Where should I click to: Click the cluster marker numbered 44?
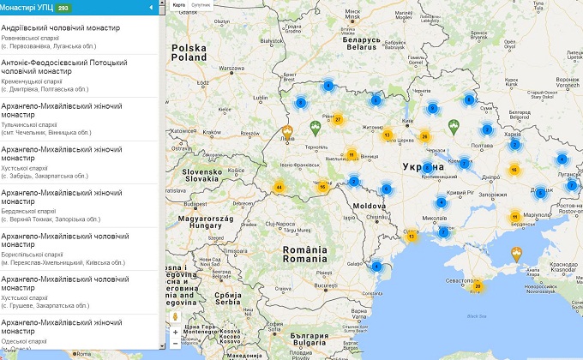pos(279,187)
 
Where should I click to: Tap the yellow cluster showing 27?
pos(338,119)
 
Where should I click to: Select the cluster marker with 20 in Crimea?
pos(478,286)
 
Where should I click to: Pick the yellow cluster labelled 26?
pos(424,136)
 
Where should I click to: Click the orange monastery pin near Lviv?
pos(288,133)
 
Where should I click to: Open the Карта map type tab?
pos(179,5)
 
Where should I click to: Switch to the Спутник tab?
pos(201,5)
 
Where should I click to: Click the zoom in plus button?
pos(176,332)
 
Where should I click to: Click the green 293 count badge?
pos(63,8)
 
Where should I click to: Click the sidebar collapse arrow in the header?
pos(151,8)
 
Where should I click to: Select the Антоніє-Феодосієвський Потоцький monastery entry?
pos(64,67)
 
